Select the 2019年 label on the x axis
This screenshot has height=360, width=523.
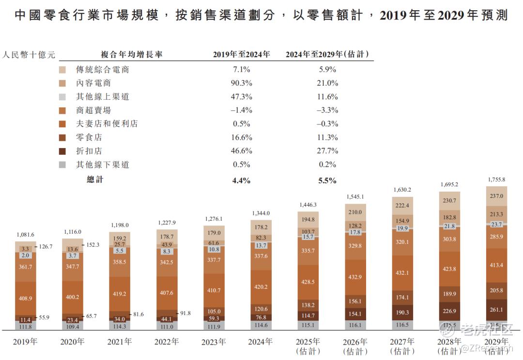(x=25, y=342)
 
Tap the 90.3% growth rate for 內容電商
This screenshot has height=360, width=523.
(x=241, y=83)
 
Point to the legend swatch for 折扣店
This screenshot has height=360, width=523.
(x=62, y=151)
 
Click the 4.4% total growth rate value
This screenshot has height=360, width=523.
(x=241, y=180)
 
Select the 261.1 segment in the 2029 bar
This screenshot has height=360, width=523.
(x=497, y=310)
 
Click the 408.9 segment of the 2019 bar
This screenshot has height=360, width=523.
(x=25, y=299)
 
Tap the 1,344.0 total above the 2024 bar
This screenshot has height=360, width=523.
(x=261, y=213)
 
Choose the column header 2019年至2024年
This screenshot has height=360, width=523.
(x=241, y=54)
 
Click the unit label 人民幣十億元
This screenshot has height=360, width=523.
(x=29, y=54)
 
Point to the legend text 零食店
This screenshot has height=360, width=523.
(x=89, y=137)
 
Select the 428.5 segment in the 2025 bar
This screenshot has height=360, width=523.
(x=308, y=282)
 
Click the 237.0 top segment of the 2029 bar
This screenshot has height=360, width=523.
(x=497, y=196)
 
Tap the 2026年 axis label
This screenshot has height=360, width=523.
(x=355, y=342)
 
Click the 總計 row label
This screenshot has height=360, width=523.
(x=95, y=180)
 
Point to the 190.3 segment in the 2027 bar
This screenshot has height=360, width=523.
(x=402, y=313)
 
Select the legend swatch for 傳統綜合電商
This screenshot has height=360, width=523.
(x=62, y=70)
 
